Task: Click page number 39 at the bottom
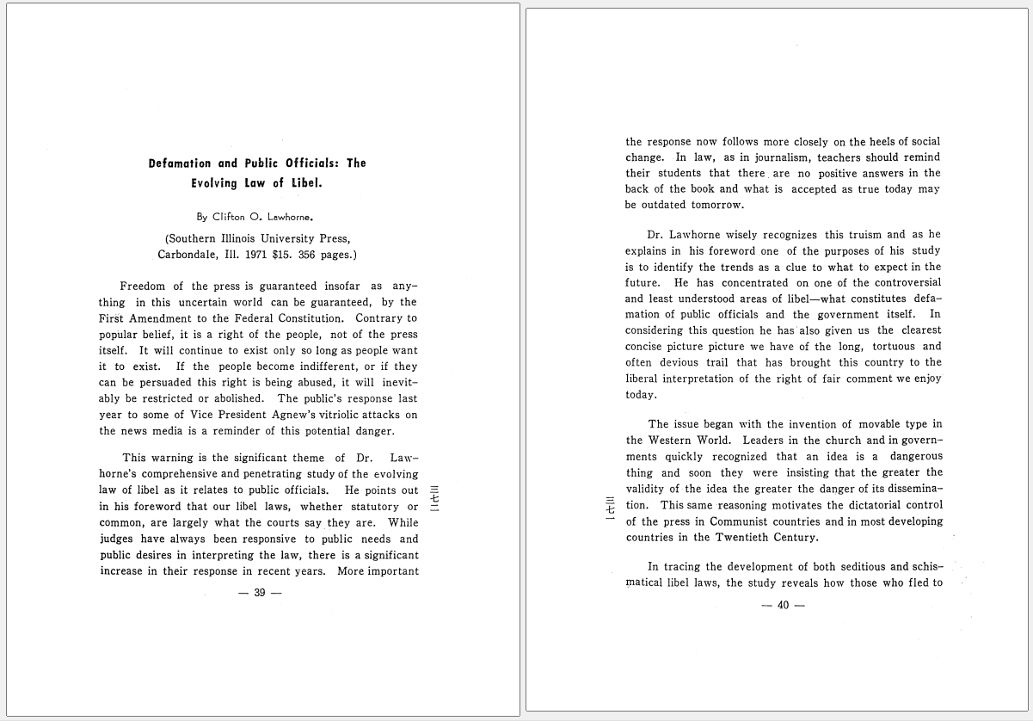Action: (259, 594)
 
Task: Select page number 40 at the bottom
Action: (783, 605)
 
